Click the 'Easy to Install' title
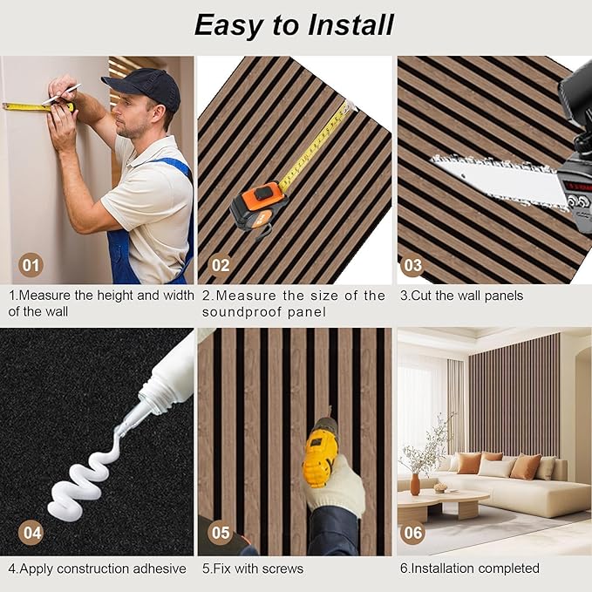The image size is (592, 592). point(294,24)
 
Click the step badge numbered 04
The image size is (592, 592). point(31,531)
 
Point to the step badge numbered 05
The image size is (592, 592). point(221,531)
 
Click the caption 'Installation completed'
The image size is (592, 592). point(470,568)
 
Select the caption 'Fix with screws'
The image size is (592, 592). point(253,568)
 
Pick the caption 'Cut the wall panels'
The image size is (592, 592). point(461,296)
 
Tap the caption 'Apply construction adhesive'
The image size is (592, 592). point(98,568)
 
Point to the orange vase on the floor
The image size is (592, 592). point(415,484)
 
